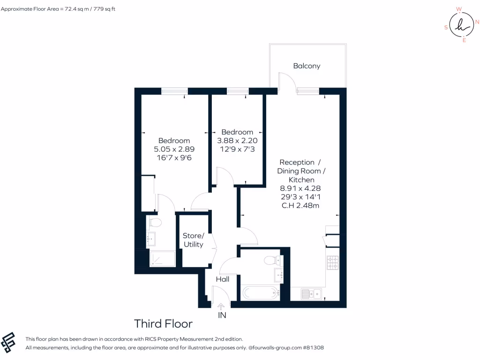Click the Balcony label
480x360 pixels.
pos(307,66)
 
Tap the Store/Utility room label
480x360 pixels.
pos(193,240)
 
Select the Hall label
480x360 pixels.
pos(222,279)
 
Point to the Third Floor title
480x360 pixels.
pos(163,323)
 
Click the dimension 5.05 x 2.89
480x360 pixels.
pos(174,150)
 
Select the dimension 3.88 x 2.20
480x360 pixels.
pos(237,141)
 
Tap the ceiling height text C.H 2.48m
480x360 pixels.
pos(300,205)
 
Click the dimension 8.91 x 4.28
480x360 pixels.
pos(300,188)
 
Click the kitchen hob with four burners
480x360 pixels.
pos(332,262)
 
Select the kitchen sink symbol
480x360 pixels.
pos(311,294)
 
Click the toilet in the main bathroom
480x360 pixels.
pos(271,260)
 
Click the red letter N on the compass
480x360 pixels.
pos(477,22)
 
